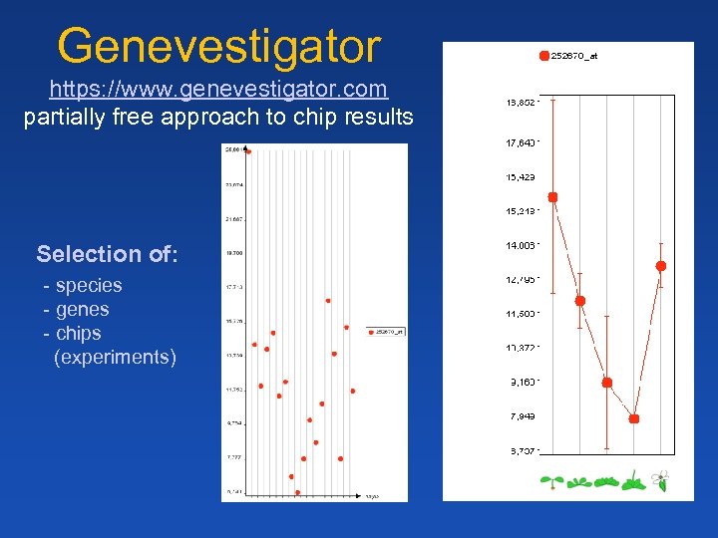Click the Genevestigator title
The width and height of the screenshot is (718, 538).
click(x=218, y=46)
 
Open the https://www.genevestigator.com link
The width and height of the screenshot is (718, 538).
click(x=218, y=90)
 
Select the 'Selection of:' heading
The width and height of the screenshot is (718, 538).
click(x=108, y=254)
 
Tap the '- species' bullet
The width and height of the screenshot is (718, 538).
click(x=83, y=286)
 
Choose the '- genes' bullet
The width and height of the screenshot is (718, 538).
click(x=77, y=310)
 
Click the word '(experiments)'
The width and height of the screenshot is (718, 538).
click(x=115, y=357)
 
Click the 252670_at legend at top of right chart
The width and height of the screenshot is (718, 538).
click(x=569, y=56)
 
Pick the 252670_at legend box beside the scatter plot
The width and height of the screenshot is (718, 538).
click(x=386, y=332)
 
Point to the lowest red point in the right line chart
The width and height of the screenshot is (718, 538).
click(x=634, y=419)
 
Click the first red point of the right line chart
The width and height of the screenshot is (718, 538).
click(x=553, y=197)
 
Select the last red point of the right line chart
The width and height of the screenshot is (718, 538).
click(x=660, y=266)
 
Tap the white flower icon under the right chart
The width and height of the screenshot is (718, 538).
click(x=659, y=481)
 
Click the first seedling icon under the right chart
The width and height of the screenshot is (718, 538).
click(x=547, y=483)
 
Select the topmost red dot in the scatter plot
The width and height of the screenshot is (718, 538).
click(x=248, y=152)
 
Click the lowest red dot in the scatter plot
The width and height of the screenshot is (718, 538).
click(x=297, y=492)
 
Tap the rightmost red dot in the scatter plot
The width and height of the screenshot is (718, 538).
click(x=353, y=391)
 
